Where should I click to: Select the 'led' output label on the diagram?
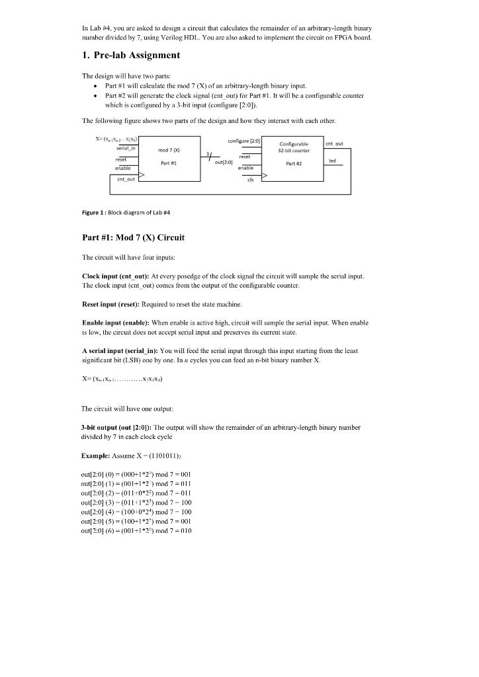(x=332, y=160)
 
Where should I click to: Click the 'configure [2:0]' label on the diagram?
(x=244, y=141)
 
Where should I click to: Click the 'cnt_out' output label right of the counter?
(x=334, y=143)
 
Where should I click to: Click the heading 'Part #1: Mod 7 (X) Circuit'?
(x=132, y=237)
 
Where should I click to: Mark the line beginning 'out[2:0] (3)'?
(x=136, y=503)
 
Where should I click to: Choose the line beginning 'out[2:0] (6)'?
(x=136, y=530)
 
